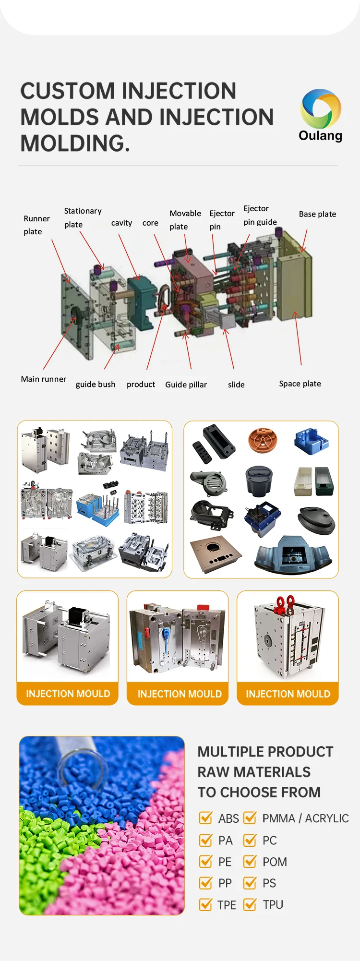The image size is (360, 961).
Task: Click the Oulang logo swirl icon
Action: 321,109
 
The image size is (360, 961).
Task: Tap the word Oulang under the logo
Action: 320,136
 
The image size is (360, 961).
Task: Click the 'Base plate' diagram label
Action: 317,214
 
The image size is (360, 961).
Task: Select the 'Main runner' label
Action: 43,379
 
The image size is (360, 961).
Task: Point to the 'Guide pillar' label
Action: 186,384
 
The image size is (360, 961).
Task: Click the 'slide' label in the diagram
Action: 236,384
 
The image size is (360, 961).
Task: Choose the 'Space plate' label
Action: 300,384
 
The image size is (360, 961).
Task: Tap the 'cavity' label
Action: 121,223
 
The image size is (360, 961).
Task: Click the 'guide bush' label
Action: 96,384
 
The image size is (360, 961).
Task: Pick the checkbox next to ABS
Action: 206,817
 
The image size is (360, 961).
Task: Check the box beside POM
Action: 250,861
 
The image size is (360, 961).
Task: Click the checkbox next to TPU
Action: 250,904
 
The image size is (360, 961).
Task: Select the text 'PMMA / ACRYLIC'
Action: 305,818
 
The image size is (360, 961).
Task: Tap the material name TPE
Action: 227,905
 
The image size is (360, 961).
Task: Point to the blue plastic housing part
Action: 312,441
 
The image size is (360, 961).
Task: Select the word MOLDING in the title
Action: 74,143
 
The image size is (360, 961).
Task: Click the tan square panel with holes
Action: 216,553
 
